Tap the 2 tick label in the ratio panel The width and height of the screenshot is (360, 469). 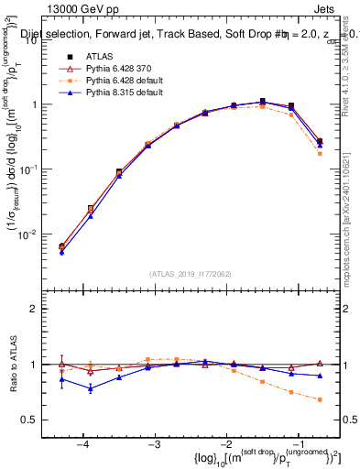pos(41,309)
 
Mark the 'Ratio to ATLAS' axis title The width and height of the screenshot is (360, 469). pos(13,364)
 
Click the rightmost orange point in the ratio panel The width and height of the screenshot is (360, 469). pos(320,399)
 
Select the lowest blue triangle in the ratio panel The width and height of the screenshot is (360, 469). pos(90,388)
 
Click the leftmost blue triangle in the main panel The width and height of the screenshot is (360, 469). pos(61,252)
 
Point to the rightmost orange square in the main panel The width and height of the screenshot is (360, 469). pos(320,154)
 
